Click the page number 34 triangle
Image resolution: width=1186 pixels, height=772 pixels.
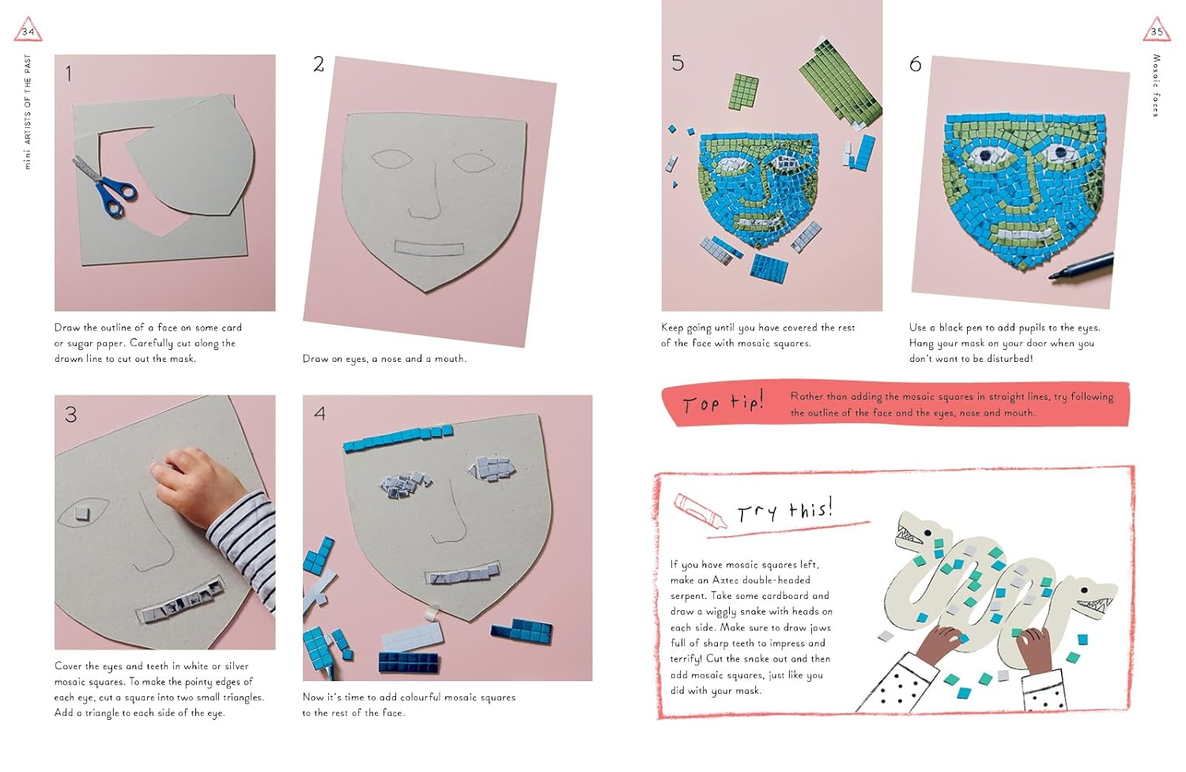28,30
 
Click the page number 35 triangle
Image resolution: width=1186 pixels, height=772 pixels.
1157,30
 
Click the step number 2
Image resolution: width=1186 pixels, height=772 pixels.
318,65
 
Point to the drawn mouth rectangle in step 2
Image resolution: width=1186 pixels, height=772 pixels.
429,248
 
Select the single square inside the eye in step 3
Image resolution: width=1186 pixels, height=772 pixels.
82,513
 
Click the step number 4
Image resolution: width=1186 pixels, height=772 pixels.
319,413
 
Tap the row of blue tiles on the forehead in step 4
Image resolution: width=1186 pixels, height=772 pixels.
398,438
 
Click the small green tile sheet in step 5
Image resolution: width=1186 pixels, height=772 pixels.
743,91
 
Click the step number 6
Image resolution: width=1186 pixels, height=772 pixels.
915,65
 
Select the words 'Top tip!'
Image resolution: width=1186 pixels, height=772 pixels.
723,402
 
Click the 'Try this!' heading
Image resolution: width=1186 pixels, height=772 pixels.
784,510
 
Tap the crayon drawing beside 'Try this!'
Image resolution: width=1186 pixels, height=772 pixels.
700,511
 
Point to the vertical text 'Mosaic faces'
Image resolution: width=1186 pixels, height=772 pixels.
1156,85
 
